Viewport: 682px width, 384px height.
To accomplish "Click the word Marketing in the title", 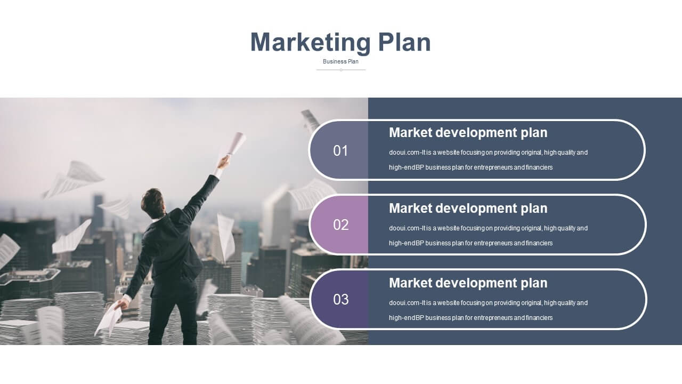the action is tap(311, 43).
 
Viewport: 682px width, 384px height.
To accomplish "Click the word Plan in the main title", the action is tap(404, 42).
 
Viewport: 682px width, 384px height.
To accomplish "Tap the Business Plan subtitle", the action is tap(340, 61).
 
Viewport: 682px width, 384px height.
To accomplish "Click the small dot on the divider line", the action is tap(341, 70).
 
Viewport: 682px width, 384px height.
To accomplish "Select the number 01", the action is tap(340, 151).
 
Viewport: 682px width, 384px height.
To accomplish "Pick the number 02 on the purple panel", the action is tap(340, 225).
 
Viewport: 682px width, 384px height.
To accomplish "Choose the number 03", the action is tap(340, 300).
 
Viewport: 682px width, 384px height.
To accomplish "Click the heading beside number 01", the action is tap(468, 133).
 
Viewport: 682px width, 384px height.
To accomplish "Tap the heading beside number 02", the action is tap(468, 209).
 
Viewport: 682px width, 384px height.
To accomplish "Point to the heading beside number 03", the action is tap(468, 283).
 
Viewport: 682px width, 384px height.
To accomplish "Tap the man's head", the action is tap(153, 203).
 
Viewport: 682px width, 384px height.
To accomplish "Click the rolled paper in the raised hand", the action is tap(235, 144).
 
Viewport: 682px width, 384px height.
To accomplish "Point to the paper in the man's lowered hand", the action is tap(109, 318).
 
